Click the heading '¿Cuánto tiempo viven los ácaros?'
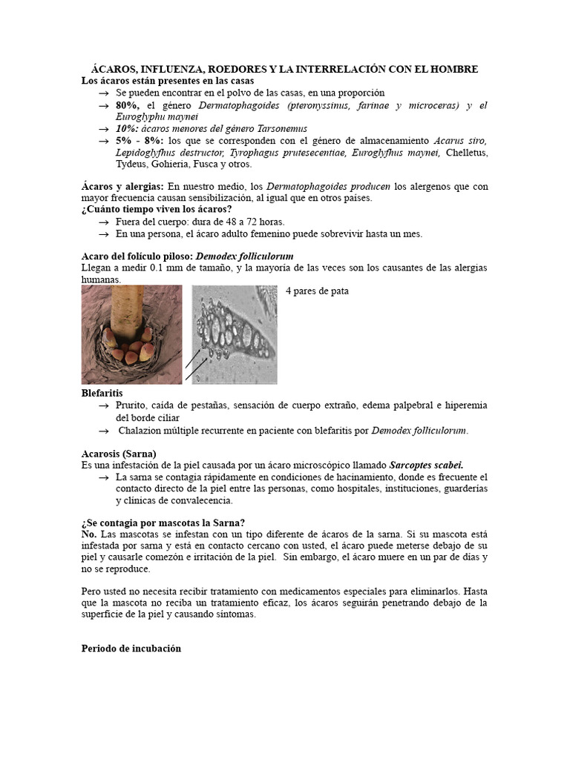(x=157, y=210)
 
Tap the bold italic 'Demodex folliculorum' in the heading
(x=235, y=256)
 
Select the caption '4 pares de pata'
(x=317, y=291)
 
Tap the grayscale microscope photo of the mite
(x=235, y=335)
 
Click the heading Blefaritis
(x=102, y=393)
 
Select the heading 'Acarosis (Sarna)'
(x=119, y=454)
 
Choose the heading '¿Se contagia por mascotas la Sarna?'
(x=163, y=523)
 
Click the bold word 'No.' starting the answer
(x=89, y=534)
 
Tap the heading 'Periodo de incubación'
(x=131, y=648)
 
